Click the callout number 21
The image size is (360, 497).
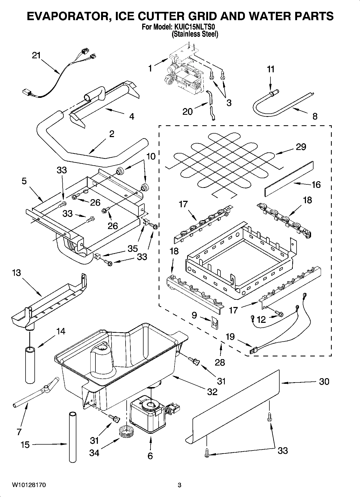click(36, 56)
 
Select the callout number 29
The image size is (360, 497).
click(301, 147)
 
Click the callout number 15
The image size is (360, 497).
click(25, 445)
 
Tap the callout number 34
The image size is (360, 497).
click(94, 453)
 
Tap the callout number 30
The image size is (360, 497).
click(324, 382)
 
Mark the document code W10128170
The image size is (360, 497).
click(29, 485)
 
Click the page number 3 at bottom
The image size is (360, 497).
click(179, 485)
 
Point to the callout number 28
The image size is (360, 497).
click(220, 362)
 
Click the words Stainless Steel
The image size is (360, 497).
click(195, 34)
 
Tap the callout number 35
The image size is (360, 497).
click(133, 249)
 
